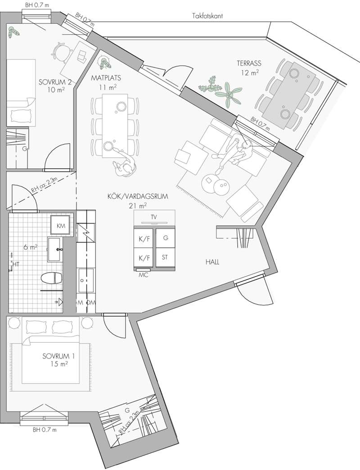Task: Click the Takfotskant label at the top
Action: (207, 16)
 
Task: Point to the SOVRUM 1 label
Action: (58, 356)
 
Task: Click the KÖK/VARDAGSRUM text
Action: (130, 197)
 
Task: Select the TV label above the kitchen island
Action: (154, 217)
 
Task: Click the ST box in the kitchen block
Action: (165, 258)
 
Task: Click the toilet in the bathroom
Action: (51, 277)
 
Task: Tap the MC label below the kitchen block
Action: (144, 275)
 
